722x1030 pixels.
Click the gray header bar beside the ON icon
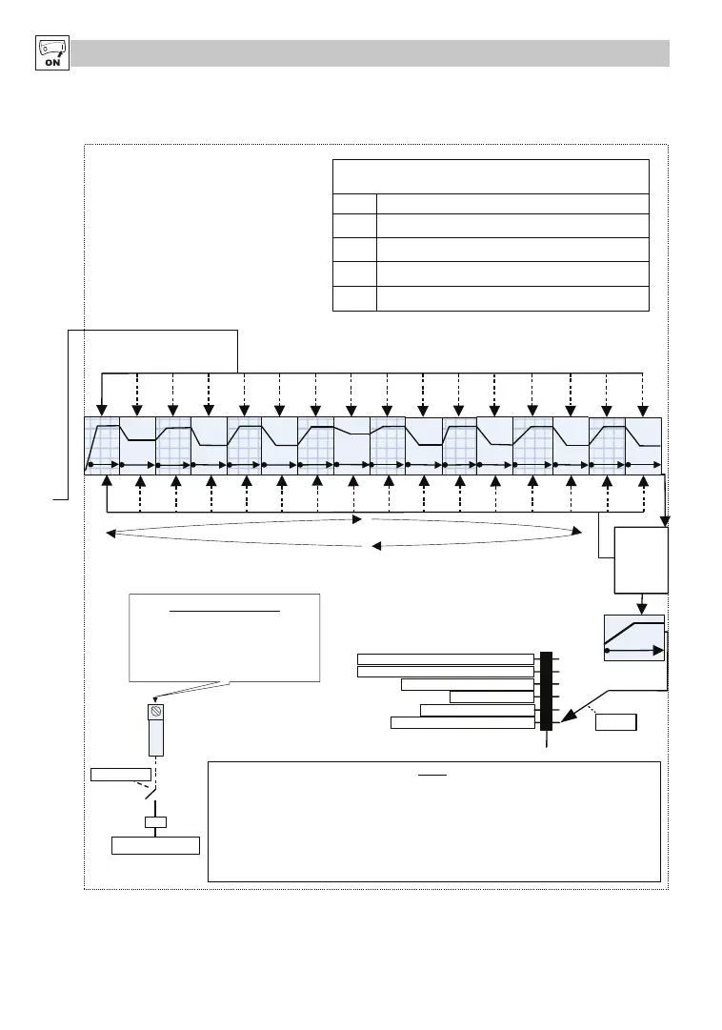coord(371,53)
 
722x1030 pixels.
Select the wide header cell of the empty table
coord(491,176)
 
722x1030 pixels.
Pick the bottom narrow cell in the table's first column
coord(354,298)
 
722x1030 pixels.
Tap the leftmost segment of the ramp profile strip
coord(102,445)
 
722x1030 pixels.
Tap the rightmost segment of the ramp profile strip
coord(644,445)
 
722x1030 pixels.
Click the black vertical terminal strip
coord(546,691)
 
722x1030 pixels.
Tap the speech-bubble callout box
coord(224,637)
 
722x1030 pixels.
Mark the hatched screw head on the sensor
coord(155,712)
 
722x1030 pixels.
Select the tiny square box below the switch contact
coord(155,822)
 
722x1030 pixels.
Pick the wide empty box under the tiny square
coord(155,845)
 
